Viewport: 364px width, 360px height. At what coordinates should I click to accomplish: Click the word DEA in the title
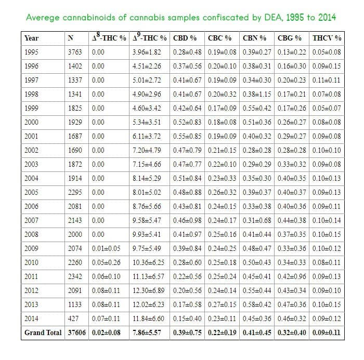[x=274, y=17]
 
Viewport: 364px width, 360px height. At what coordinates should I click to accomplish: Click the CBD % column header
[x=185, y=38]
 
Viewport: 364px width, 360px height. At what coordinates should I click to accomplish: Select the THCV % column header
[x=327, y=38]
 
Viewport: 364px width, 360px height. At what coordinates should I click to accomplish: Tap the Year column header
[x=31, y=38]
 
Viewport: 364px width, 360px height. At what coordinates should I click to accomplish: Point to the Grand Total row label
[x=43, y=332]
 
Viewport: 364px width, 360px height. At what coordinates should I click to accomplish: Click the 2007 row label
[x=31, y=220]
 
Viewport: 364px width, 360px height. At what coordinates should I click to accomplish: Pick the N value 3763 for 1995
[x=75, y=52]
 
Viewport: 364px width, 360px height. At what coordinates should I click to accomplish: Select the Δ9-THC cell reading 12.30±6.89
[x=148, y=290]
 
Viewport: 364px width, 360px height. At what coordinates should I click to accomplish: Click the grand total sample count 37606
[x=76, y=332]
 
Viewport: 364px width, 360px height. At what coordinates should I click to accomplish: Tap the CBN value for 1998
[x=257, y=94]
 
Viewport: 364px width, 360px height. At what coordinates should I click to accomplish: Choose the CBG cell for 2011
[x=292, y=276]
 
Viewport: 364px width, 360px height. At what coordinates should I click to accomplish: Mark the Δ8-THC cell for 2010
[x=106, y=262]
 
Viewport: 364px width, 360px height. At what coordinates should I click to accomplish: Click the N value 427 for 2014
[x=73, y=318]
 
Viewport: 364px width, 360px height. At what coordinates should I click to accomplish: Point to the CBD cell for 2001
[x=187, y=136]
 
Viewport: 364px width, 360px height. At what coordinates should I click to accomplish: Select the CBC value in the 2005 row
[x=222, y=192]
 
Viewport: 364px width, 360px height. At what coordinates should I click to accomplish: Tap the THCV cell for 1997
[x=326, y=80]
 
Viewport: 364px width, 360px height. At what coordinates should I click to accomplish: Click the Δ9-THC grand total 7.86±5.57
[x=147, y=332]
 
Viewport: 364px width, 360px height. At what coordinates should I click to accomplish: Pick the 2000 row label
[x=31, y=122]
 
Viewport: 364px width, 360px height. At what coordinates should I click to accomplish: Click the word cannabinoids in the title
[x=89, y=17]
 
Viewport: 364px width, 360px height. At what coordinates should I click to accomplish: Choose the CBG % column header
[x=289, y=38]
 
